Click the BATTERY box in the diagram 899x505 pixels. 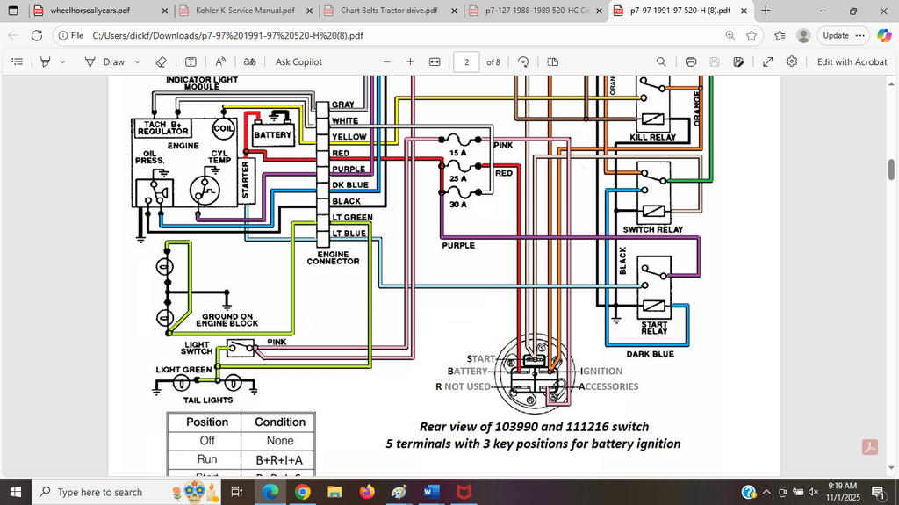tap(272, 135)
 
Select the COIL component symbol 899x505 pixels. tap(223, 129)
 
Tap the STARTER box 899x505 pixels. tap(246, 178)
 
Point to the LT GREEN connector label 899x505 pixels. tap(351, 217)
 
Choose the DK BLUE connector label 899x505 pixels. tap(350, 185)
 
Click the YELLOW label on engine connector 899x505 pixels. tap(349, 137)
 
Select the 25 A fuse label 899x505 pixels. tap(457, 178)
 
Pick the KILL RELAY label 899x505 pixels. tap(651, 138)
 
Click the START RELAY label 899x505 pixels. tap(654, 328)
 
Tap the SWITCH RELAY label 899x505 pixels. tap(651, 230)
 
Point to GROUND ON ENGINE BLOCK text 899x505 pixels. tap(230, 320)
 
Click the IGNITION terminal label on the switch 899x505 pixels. tap(601, 372)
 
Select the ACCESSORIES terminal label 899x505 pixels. tap(608, 386)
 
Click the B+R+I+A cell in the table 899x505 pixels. tap(280, 459)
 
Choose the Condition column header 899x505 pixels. tap(280, 422)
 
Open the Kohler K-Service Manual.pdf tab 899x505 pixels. tap(245, 11)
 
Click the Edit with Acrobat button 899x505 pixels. tap(852, 61)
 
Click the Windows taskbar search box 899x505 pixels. tap(100, 492)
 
